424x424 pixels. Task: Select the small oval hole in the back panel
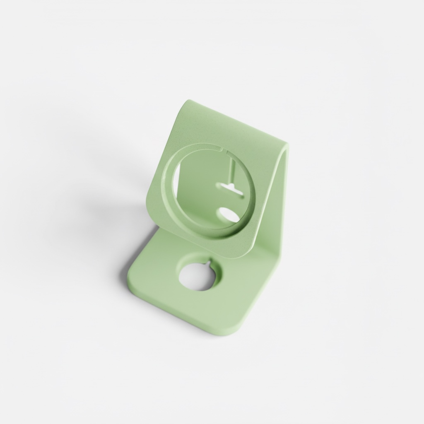(x=226, y=214)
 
